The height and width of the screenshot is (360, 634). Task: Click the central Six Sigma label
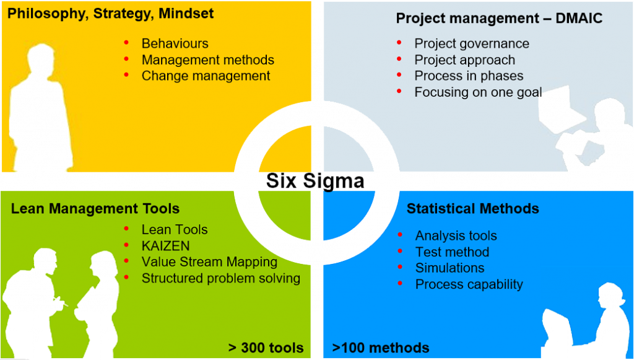315,181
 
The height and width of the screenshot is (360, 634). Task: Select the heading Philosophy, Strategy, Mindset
110,14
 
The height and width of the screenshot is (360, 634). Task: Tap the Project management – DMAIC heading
499,18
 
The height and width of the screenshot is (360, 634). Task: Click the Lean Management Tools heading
95,209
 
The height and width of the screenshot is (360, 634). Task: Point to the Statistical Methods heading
472,209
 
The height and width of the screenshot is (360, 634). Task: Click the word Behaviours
175,43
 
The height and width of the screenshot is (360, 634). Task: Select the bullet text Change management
206,76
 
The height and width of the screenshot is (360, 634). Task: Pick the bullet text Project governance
472,44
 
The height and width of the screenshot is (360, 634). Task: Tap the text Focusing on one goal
479,92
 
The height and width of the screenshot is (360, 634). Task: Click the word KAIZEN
166,246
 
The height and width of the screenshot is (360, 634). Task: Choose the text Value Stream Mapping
209,262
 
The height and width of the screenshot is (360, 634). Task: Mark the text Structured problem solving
221,278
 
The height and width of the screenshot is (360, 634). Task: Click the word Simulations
449,268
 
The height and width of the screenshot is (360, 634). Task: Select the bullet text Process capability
469,284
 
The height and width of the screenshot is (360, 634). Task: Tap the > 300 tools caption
266,348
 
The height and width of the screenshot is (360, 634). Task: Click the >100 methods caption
381,348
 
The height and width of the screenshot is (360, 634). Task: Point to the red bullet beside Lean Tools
126,229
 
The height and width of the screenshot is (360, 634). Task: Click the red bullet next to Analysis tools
400,235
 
